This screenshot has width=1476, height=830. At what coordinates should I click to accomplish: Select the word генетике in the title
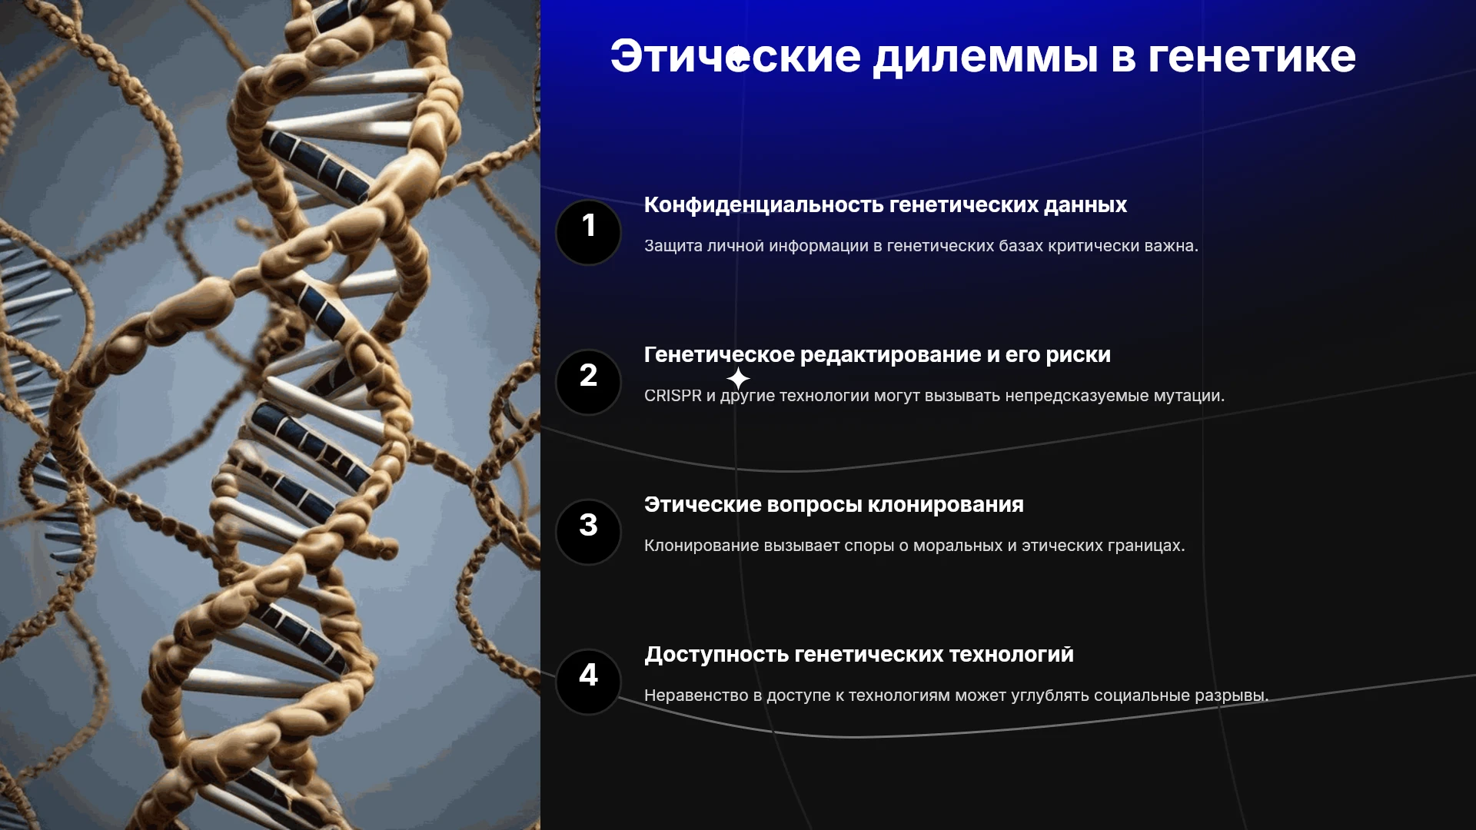(1252, 58)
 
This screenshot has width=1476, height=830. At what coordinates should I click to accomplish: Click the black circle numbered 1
(588, 232)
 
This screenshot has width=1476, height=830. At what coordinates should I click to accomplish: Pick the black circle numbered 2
(588, 382)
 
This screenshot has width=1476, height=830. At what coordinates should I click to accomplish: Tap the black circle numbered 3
(588, 532)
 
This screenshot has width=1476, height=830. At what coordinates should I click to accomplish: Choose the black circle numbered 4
(588, 682)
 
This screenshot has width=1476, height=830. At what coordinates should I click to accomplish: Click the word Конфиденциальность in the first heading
(764, 205)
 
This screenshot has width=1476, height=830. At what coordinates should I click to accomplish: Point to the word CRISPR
(673, 396)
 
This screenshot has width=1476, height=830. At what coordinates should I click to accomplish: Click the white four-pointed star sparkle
(738, 378)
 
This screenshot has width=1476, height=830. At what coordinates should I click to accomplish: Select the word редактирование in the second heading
(891, 355)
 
